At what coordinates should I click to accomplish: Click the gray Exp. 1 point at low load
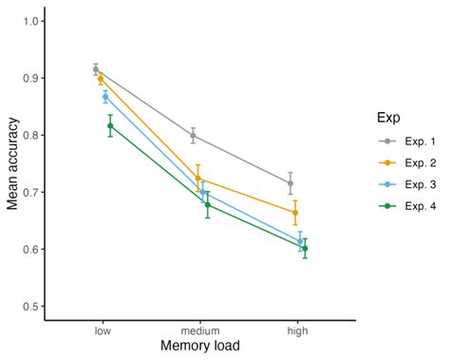(96, 69)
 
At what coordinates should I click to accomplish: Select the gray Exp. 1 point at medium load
(194, 136)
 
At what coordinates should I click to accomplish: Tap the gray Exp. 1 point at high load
(291, 183)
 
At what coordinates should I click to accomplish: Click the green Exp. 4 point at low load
(110, 125)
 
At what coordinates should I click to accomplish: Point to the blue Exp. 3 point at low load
(105, 97)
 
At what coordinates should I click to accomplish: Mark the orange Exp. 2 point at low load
(101, 79)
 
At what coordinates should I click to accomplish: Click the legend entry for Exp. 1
(403, 142)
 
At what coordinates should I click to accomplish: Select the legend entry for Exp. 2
(403, 162)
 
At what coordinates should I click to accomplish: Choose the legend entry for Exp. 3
(403, 183)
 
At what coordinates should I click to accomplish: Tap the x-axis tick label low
(103, 331)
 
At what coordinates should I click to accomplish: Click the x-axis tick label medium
(200, 331)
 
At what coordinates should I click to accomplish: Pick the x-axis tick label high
(297, 331)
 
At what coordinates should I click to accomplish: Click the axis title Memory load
(200, 348)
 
